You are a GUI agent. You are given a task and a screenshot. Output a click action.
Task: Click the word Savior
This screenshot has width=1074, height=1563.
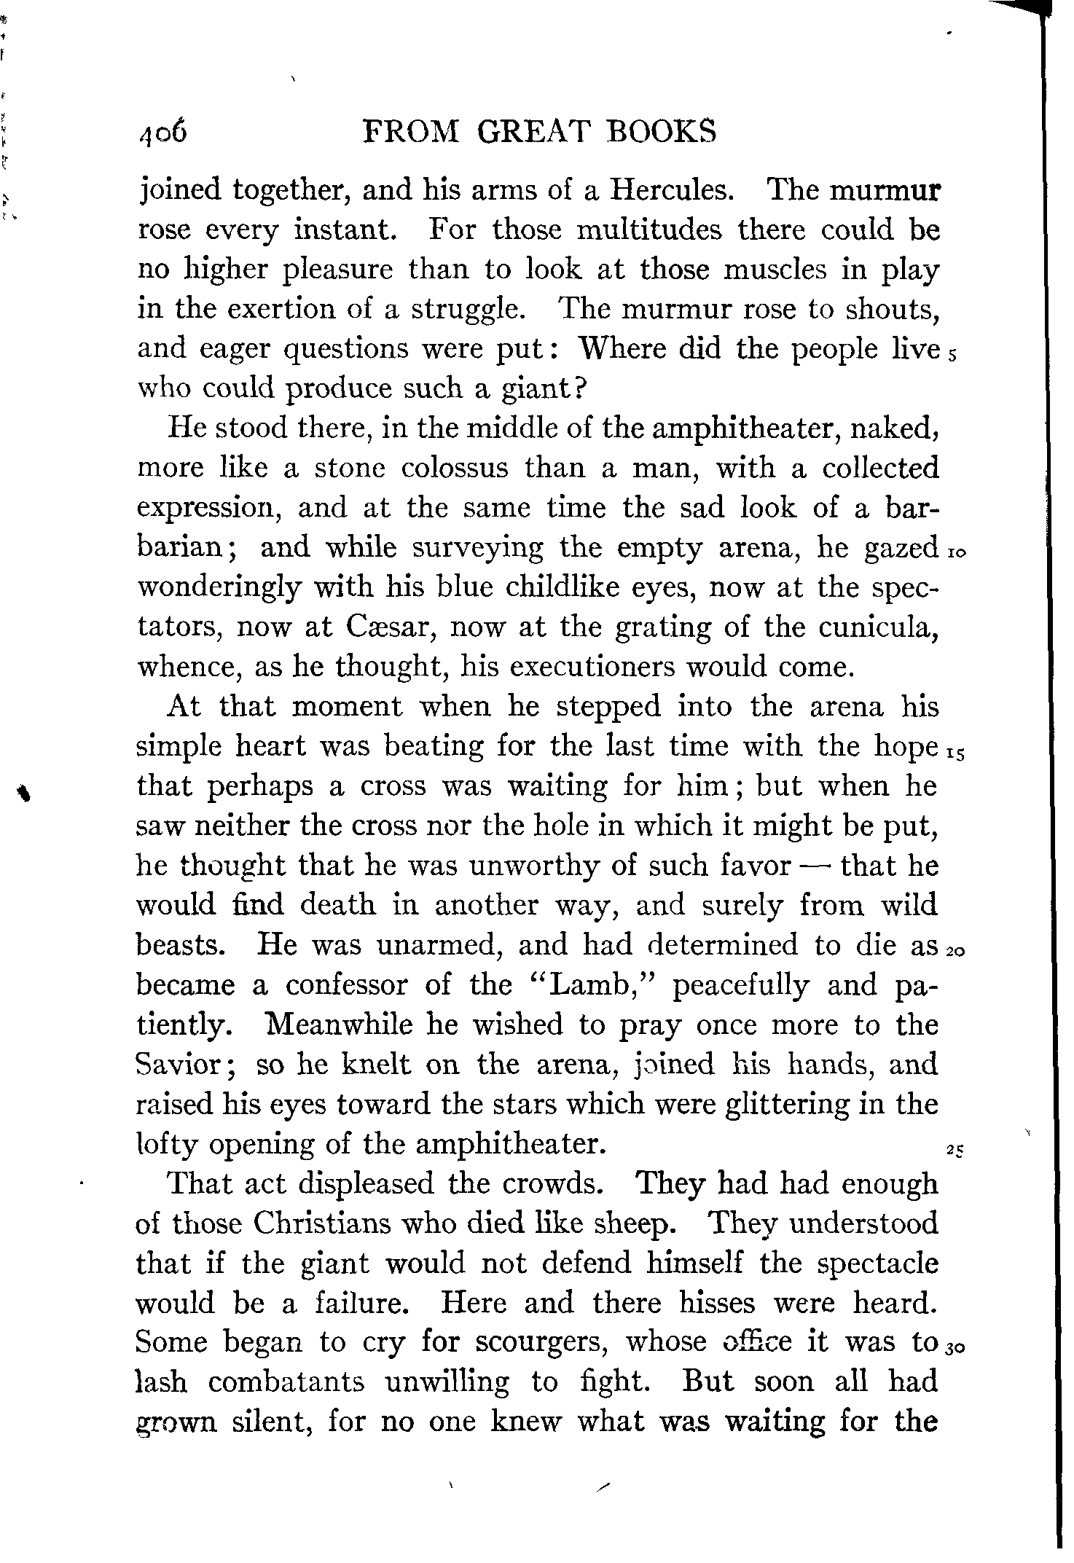click(x=185, y=1065)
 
